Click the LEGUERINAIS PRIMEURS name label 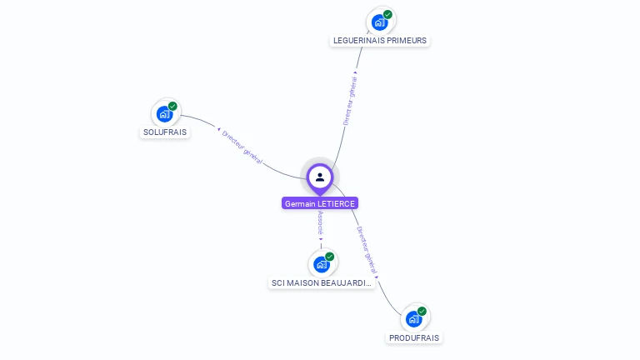pyautogui.click(x=380, y=40)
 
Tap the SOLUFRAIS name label pyautogui.click(x=165, y=132)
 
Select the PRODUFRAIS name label pyautogui.click(x=415, y=337)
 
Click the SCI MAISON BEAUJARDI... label pyautogui.click(x=321, y=282)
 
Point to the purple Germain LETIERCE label pyautogui.click(x=320, y=203)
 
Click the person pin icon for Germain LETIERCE pyautogui.click(x=320, y=177)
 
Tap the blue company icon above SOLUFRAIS pyautogui.click(x=164, y=114)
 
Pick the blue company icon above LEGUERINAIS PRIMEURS pyautogui.click(x=379, y=22)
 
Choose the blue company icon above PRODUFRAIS pyautogui.click(x=413, y=318)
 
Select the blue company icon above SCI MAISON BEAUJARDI pyautogui.click(x=321, y=264)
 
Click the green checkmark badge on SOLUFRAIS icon pyautogui.click(x=172, y=106)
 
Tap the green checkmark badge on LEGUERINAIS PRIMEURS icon pyautogui.click(x=387, y=14)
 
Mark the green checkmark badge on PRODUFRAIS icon pyautogui.click(x=422, y=311)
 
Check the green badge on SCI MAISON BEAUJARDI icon pyautogui.click(x=329, y=257)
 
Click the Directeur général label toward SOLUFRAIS pyautogui.click(x=242, y=147)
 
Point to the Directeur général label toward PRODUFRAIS pyautogui.click(x=367, y=250)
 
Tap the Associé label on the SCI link pyautogui.click(x=321, y=222)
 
